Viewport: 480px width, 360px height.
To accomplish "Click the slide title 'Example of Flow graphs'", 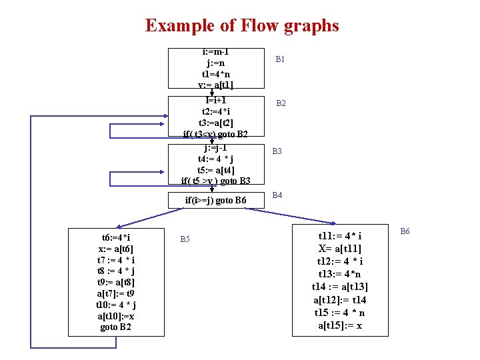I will [x=242, y=26].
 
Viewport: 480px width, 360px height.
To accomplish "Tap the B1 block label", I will [x=281, y=59].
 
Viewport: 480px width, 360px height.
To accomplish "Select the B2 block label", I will [x=281, y=103].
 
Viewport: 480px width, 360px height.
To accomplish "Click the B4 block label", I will [x=277, y=195].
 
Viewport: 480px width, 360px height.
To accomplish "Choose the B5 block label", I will [x=187, y=239].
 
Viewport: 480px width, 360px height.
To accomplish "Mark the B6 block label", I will [x=405, y=231].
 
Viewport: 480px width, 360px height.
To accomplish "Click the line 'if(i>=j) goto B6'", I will [x=215, y=201].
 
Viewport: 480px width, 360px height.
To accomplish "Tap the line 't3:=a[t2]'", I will [x=215, y=123].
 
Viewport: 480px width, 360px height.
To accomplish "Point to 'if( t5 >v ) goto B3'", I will [x=215, y=181].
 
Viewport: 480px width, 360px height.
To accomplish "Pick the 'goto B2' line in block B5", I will [x=116, y=327].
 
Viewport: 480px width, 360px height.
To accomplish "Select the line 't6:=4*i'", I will [x=116, y=237].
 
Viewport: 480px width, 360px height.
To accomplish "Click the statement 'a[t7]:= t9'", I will [x=116, y=293].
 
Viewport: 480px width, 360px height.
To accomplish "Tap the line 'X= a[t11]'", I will [x=340, y=249].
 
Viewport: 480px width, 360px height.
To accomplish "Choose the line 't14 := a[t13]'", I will [x=340, y=287].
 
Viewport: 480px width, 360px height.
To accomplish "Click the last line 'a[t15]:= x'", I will [x=340, y=325].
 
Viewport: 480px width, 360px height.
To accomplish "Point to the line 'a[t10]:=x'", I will [x=116, y=316].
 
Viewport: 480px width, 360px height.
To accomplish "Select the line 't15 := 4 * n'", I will [x=340, y=313].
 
